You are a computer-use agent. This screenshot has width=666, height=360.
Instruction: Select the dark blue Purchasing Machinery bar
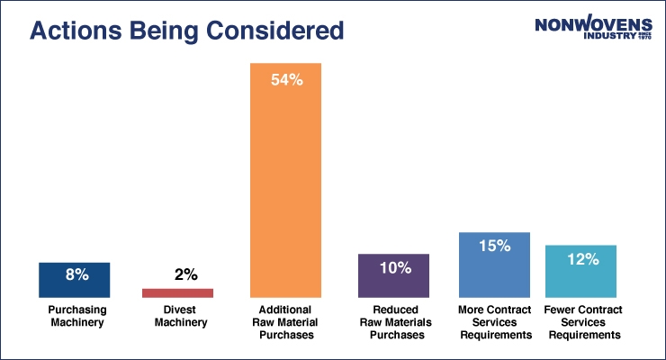click(75, 280)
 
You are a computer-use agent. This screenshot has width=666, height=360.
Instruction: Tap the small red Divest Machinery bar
click(178, 292)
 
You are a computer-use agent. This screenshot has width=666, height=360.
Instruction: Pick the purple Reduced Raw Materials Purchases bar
click(393, 275)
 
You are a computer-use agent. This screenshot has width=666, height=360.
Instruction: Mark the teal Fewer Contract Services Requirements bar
click(580, 271)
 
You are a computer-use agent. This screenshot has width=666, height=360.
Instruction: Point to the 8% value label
click(76, 275)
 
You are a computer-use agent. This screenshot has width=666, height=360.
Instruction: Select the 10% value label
click(395, 267)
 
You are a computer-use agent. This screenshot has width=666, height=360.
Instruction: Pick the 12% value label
click(583, 259)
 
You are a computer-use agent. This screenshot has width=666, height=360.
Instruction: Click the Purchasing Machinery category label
click(76, 316)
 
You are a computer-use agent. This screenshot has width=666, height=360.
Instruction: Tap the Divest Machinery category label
click(178, 316)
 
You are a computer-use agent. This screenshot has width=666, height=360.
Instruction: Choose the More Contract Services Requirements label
click(494, 322)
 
